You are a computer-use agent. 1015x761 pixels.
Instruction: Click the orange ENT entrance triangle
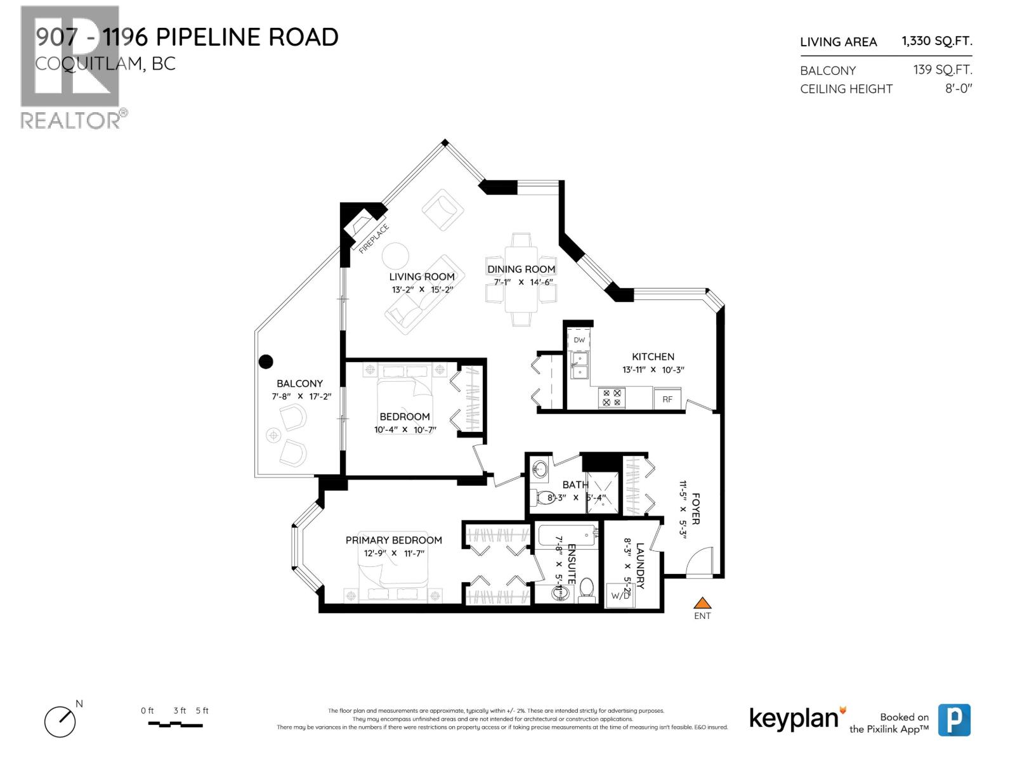(702, 603)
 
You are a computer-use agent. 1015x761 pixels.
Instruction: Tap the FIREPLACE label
(374, 239)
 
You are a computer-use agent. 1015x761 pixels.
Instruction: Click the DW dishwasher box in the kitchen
(579, 340)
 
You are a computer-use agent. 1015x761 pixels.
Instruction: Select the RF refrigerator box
(667, 400)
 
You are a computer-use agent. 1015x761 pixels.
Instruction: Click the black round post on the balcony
(266, 361)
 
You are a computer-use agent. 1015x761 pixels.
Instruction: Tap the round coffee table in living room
(395, 256)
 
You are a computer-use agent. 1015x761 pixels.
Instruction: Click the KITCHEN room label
(653, 356)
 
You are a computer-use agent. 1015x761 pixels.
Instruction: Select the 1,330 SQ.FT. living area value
(936, 41)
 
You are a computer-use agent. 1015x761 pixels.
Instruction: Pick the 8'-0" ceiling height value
(959, 89)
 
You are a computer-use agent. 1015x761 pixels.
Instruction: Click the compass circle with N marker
(60, 722)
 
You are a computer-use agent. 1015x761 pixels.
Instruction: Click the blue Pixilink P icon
(954, 720)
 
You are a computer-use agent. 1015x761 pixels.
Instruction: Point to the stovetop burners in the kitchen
(612, 398)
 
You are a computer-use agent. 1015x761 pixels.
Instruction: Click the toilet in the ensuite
(586, 589)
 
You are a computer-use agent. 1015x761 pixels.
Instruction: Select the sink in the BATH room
(540, 471)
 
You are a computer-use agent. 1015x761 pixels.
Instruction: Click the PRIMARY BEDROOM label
(393, 540)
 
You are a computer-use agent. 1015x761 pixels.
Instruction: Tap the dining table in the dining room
(521, 280)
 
